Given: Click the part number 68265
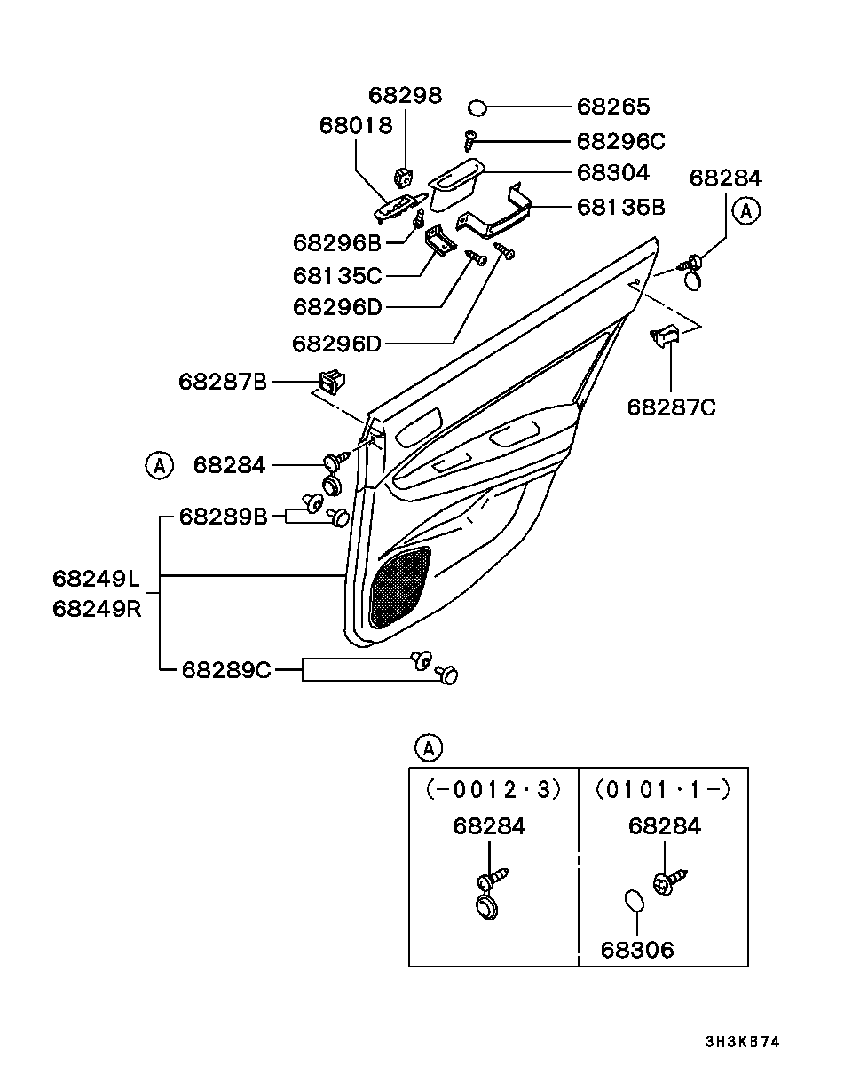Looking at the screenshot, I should pyautogui.click(x=613, y=107).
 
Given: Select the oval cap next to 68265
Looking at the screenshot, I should pyautogui.click(x=477, y=108).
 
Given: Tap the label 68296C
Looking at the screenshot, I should pyautogui.click(x=620, y=141).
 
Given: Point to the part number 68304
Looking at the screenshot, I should pyautogui.click(x=613, y=172).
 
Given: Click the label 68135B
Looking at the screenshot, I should pyautogui.click(x=620, y=208).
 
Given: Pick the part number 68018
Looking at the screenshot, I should pyautogui.click(x=355, y=126).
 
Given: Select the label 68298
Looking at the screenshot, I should pyautogui.click(x=405, y=96).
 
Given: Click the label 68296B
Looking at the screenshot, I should pyautogui.click(x=336, y=242).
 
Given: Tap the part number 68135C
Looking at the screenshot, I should pyautogui.click(x=336, y=276).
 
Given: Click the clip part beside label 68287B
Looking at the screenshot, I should pyautogui.click(x=332, y=383).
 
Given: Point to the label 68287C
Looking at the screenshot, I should pyautogui.click(x=671, y=407).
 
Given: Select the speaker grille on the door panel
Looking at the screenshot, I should pyautogui.click(x=398, y=587).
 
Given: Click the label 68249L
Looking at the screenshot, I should pyautogui.click(x=96, y=579).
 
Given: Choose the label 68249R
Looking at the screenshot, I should pyautogui.click(x=96, y=609).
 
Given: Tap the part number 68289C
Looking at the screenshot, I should pyautogui.click(x=226, y=669).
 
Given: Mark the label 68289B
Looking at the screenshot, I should pyautogui.click(x=224, y=517).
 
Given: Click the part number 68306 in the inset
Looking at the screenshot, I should pyautogui.click(x=637, y=951).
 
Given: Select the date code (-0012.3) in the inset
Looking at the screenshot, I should pyautogui.click(x=493, y=789).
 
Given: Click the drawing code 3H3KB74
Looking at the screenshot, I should pyautogui.click(x=742, y=1042).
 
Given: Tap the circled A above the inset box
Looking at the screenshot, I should pyautogui.click(x=428, y=748).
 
